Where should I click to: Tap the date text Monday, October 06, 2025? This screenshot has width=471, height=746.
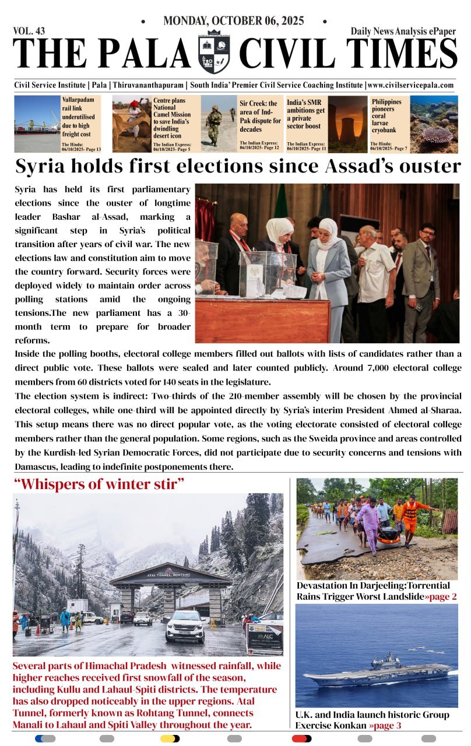coord(234,21)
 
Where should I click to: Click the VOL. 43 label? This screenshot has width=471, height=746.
coord(29,31)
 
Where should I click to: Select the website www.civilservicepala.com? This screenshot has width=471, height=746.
coord(411,85)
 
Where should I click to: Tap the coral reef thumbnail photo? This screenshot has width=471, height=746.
coord(434,124)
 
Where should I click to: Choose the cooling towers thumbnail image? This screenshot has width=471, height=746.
coord(347,124)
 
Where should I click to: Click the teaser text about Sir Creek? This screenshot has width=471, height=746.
coord(260,116)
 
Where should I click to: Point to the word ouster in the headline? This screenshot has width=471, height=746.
coord(429,167)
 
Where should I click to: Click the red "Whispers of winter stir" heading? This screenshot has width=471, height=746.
coord(99,483)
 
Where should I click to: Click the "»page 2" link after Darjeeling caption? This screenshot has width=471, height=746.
coord(440,596)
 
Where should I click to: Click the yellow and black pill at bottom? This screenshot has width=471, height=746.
coord(170,738)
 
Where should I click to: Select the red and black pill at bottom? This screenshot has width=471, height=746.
coord(301,738)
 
